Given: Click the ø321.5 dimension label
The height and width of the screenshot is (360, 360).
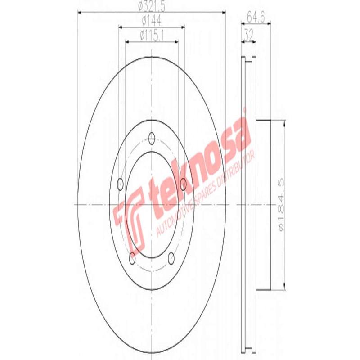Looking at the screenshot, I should pyautogui.click(x=152, y=6).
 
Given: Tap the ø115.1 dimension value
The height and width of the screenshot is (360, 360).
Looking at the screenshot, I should pyautogui.click(x=152, y=35).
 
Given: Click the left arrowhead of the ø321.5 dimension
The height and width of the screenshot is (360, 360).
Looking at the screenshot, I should pyautogui.click(x=80, y=13).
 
